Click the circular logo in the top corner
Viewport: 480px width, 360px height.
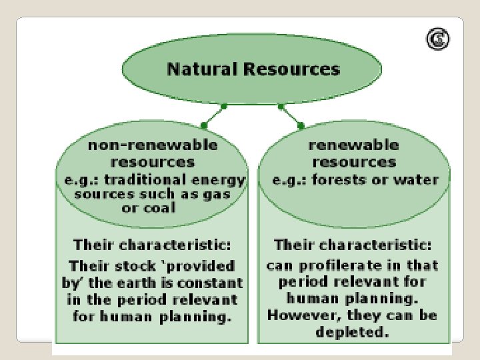(x=438, y=40)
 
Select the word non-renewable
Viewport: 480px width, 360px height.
(x=153, y=145)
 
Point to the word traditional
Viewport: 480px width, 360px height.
(x=147, y=179)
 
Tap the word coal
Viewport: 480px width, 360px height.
(x=158, y=207)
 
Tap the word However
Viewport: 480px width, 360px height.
(x=297, y=315)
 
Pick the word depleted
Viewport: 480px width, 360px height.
(x=353, y=332)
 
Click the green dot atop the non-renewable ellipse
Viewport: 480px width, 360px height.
(x=203, y=125)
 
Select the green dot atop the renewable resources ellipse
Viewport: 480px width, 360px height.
(x=301, y=125)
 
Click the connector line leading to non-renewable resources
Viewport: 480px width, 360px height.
(x=213, y=115)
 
